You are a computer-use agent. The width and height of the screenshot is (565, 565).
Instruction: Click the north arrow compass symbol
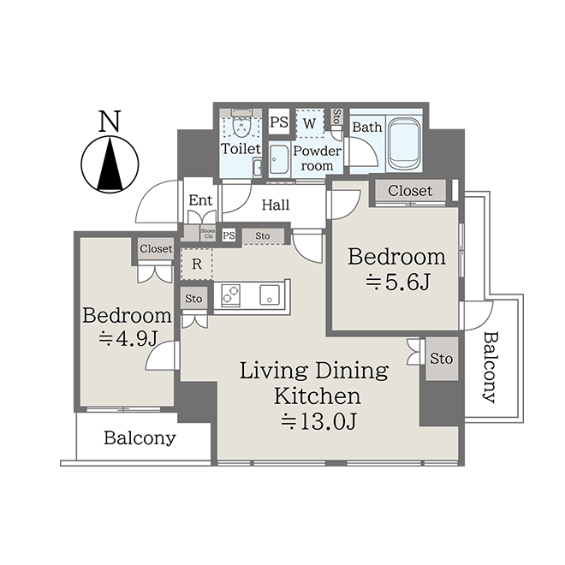pos(110,164)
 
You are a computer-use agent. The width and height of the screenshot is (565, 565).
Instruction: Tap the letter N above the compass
pos(110,121)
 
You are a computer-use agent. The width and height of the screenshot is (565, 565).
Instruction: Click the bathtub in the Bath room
pos(403,143)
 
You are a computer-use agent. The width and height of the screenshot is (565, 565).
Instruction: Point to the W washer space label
pos(310,123)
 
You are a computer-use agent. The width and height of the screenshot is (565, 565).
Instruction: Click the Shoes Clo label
pos(208,234)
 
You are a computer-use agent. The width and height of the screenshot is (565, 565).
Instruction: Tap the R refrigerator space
pos(197,265)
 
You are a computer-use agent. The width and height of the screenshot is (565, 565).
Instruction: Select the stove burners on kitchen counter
pos(230,295)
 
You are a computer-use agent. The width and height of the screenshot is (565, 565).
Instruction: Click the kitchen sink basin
pos(270,295)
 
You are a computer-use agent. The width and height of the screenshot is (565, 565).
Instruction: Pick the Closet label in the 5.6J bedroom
pos(410,191)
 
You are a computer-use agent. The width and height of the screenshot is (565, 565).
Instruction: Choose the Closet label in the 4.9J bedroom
pos(156,248)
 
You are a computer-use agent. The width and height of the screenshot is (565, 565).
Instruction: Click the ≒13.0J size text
pos(319,421)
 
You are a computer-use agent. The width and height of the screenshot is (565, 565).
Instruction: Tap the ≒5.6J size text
pos(397,282)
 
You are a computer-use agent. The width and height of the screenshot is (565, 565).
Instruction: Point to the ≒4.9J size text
pos(128,338)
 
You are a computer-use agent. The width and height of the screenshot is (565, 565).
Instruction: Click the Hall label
pos(276,205)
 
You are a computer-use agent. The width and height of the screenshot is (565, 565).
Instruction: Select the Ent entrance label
pos(200,200)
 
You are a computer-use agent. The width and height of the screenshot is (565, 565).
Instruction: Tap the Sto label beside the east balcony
pos(442,359)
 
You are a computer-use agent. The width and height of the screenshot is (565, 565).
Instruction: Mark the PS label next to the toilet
pos(279,122)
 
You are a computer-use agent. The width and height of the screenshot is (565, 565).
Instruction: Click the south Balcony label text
pos(140,438)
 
